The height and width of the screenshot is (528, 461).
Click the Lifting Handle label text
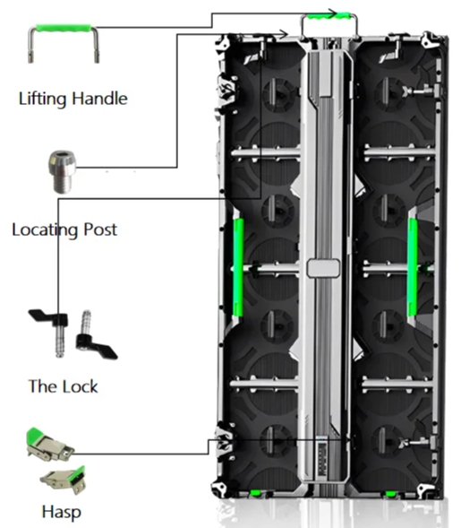[x=73, y=99]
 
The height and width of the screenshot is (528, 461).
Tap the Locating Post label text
[x=64, y=229]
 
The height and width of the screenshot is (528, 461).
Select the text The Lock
[x=64, y=386]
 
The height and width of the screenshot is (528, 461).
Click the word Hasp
[x=62, y=512]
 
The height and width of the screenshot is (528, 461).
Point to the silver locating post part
[x=63, y=172]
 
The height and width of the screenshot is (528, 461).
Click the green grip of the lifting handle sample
[x=64, y=28]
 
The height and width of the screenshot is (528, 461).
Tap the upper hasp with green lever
[x=50, y=445]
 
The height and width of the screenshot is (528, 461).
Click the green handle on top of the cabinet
[x=329, y=15]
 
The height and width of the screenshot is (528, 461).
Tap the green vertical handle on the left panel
[x=238, y=267]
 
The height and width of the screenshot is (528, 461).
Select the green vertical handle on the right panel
[x=413, y=267]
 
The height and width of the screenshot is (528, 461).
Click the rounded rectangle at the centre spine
[x=323, y=268]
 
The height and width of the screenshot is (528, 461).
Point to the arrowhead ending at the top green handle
[x=333, y=13]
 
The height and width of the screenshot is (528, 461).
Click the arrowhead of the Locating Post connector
[x=284, y=34]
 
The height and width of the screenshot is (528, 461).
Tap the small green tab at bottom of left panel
[x=255, y=493]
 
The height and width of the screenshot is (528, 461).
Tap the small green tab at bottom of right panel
[x=390, y=494]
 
